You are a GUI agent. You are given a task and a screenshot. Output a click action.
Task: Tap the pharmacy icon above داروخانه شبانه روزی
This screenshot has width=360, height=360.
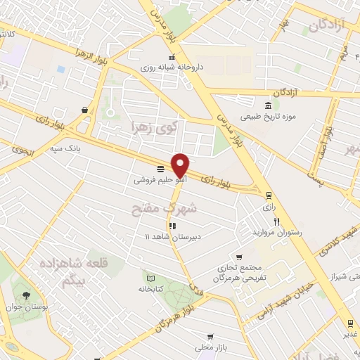pyautogui.click(x=170, y=58)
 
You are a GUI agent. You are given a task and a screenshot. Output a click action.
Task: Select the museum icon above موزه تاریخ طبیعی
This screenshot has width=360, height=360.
pyautogui.click(x=250, y=105)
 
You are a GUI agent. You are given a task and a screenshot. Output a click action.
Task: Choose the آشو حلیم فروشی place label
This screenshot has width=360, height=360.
pyautogui.click(x=161, y=180)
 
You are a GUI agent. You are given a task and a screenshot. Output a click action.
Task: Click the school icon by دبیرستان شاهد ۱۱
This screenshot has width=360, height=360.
pyautogui.click(x=173, y=226)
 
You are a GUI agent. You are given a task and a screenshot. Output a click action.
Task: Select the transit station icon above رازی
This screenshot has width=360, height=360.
pyautogui.click(x=268, y=196)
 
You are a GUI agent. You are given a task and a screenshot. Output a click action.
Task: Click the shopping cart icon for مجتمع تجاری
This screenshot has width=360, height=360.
pyautogui.click(x=240, y=257)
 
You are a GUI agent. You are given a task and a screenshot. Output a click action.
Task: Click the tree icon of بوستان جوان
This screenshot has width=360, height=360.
pyautogui.click(x=27, y=295)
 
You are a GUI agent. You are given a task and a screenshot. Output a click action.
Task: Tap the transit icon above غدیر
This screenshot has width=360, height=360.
pyautogui.click(x=349, y=323)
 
